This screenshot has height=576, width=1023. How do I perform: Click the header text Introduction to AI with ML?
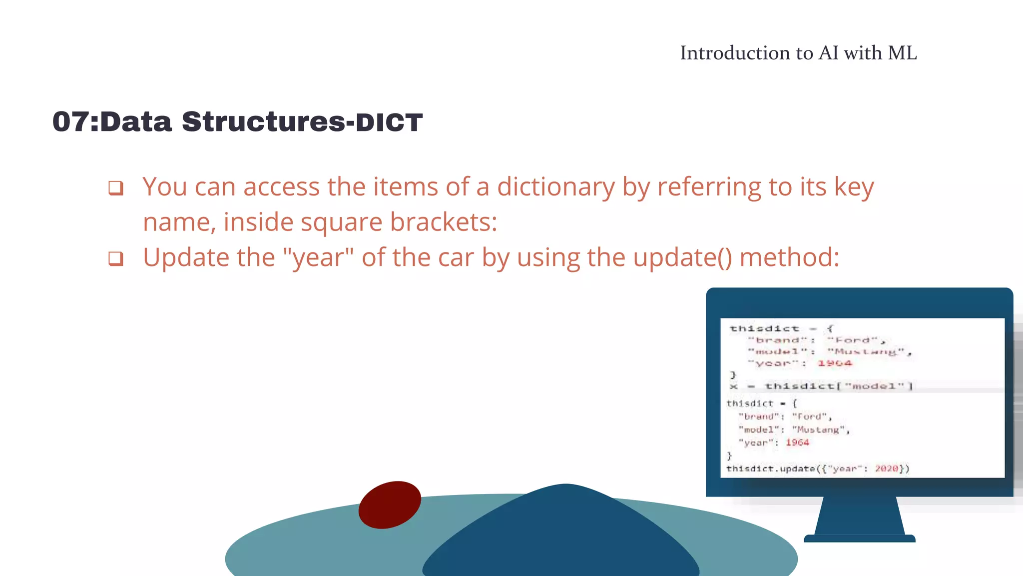coord(798,53)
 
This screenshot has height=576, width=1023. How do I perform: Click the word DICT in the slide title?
coord(389,122)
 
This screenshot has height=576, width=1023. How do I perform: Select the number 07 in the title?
coord(70,122)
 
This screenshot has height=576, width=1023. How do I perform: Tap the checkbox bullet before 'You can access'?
coord(116,188)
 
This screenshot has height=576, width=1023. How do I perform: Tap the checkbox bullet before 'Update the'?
coord(116,258)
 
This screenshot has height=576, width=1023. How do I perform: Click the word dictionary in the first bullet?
coord(555,187)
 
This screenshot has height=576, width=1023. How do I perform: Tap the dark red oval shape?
coord(390,504)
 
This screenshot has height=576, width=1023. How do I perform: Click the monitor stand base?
coord(859,538)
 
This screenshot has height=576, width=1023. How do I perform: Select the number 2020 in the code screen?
coord(886,468)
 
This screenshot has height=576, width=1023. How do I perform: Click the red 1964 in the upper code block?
coord(834,363)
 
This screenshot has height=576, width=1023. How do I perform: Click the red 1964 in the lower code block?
coord(797,442)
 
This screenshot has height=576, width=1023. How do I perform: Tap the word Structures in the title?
coord(263,122)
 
